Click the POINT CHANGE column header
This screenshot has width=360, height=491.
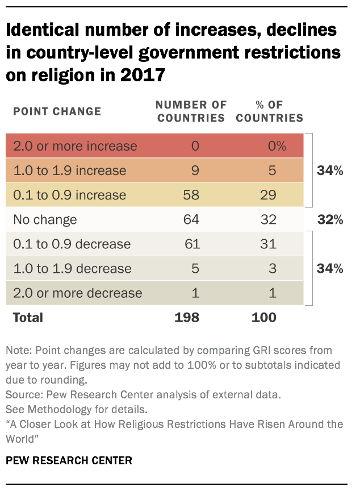(57, 111)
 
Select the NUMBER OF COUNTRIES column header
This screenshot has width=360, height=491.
(191, 111)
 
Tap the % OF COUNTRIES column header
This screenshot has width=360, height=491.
(269, 111)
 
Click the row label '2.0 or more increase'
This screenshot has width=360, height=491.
(75, 146)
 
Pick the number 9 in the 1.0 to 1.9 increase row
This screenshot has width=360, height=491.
(195, 170)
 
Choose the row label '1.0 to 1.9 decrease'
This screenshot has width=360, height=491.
(72, 269)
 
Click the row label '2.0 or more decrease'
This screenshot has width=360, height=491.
(77, 293)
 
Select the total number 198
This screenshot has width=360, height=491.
(187, 318)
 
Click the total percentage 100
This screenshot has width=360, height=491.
(264, 318)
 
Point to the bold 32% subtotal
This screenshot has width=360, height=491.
(330, 219)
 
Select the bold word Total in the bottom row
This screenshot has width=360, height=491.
(28, 318)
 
